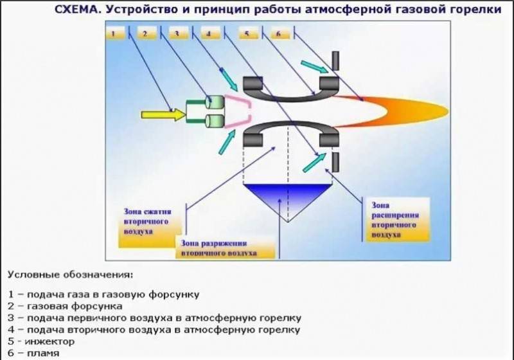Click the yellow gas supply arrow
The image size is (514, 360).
(163, 115)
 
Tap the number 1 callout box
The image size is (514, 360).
(116, 33)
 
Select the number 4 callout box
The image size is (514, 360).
(211, 33)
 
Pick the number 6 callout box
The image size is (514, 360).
(280, 33)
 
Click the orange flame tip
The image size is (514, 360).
(447, 111)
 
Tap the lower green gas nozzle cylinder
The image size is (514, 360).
(215, 122)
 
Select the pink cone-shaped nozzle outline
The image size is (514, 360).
(238, 111)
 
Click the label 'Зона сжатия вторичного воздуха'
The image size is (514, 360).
(148, 221)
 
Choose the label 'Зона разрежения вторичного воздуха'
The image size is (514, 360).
(218, 248)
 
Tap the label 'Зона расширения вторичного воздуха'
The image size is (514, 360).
(395, 220)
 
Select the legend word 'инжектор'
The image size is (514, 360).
(50, 341)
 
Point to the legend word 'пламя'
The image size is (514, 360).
(43, 353)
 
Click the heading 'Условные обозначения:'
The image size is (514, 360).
(71, 274)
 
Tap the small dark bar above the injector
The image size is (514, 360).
(335, 60)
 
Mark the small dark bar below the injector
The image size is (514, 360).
(335, 162)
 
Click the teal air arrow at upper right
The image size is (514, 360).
(315, 67)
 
